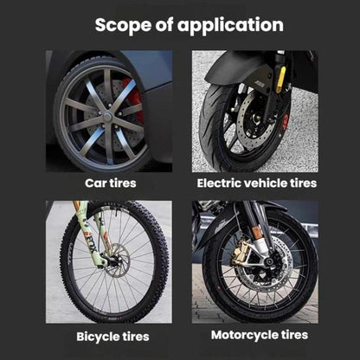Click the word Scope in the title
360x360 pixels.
123,25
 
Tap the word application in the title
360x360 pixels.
230,26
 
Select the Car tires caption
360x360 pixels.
111,183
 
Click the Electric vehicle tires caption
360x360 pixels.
257,183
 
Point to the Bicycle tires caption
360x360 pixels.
112,337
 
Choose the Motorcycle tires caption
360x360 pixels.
260,335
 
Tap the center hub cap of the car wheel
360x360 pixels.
107,117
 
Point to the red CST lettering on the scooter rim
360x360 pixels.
286,120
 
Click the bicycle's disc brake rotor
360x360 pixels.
119,260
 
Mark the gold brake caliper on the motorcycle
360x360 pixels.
241,254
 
